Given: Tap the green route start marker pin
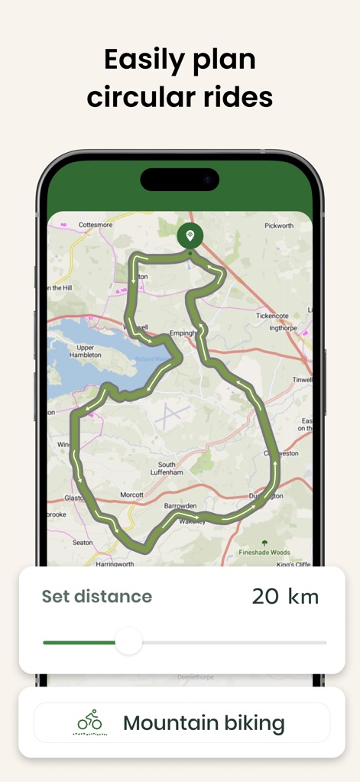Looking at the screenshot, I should click(x=190, y=235).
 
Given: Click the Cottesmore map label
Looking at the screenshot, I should click(x=95, y=226).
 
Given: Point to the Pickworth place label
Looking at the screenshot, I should click(x=279, y=226).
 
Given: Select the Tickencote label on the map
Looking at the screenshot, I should click(x=274, y=316).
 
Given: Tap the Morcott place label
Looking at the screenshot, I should click(x=131, y=495).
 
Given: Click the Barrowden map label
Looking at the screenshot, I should click(x=180, y=506).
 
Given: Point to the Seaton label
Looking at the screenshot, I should click(x=83, y=543).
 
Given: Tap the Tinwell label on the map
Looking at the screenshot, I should click(x=302, y=380).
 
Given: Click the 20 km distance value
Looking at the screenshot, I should click(x=285, y=596).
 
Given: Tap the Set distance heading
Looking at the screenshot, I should click(x=96, y=596).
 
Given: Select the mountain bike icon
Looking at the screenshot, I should click(x=90, y=721).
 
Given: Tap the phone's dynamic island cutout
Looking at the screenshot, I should click(x=180, y=180).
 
